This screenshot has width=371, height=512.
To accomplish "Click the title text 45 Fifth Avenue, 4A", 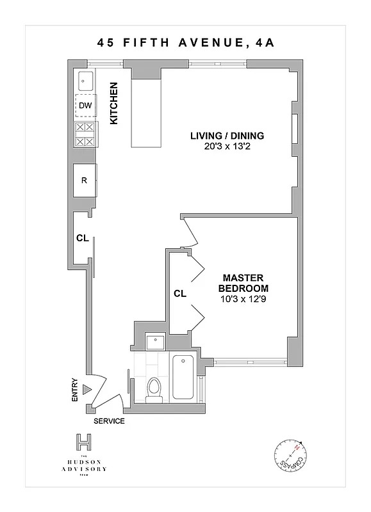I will coord(185,44).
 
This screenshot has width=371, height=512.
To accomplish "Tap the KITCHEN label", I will coord(114,103).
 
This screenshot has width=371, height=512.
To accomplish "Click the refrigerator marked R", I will coord(85,180).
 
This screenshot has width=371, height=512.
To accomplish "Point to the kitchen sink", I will coord(85,81).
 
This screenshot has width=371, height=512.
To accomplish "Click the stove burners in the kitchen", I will coord(85,135).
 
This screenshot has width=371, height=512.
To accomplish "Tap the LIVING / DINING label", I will coord(227,136).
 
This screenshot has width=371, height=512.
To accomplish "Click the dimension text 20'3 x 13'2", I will coord(227,146).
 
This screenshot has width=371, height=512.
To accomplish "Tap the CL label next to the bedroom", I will coord(179,294).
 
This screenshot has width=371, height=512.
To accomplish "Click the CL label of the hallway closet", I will coord(81,238).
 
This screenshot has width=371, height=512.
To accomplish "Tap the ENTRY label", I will coord(75,389).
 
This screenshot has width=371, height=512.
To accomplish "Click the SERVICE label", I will coord(109,421).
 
